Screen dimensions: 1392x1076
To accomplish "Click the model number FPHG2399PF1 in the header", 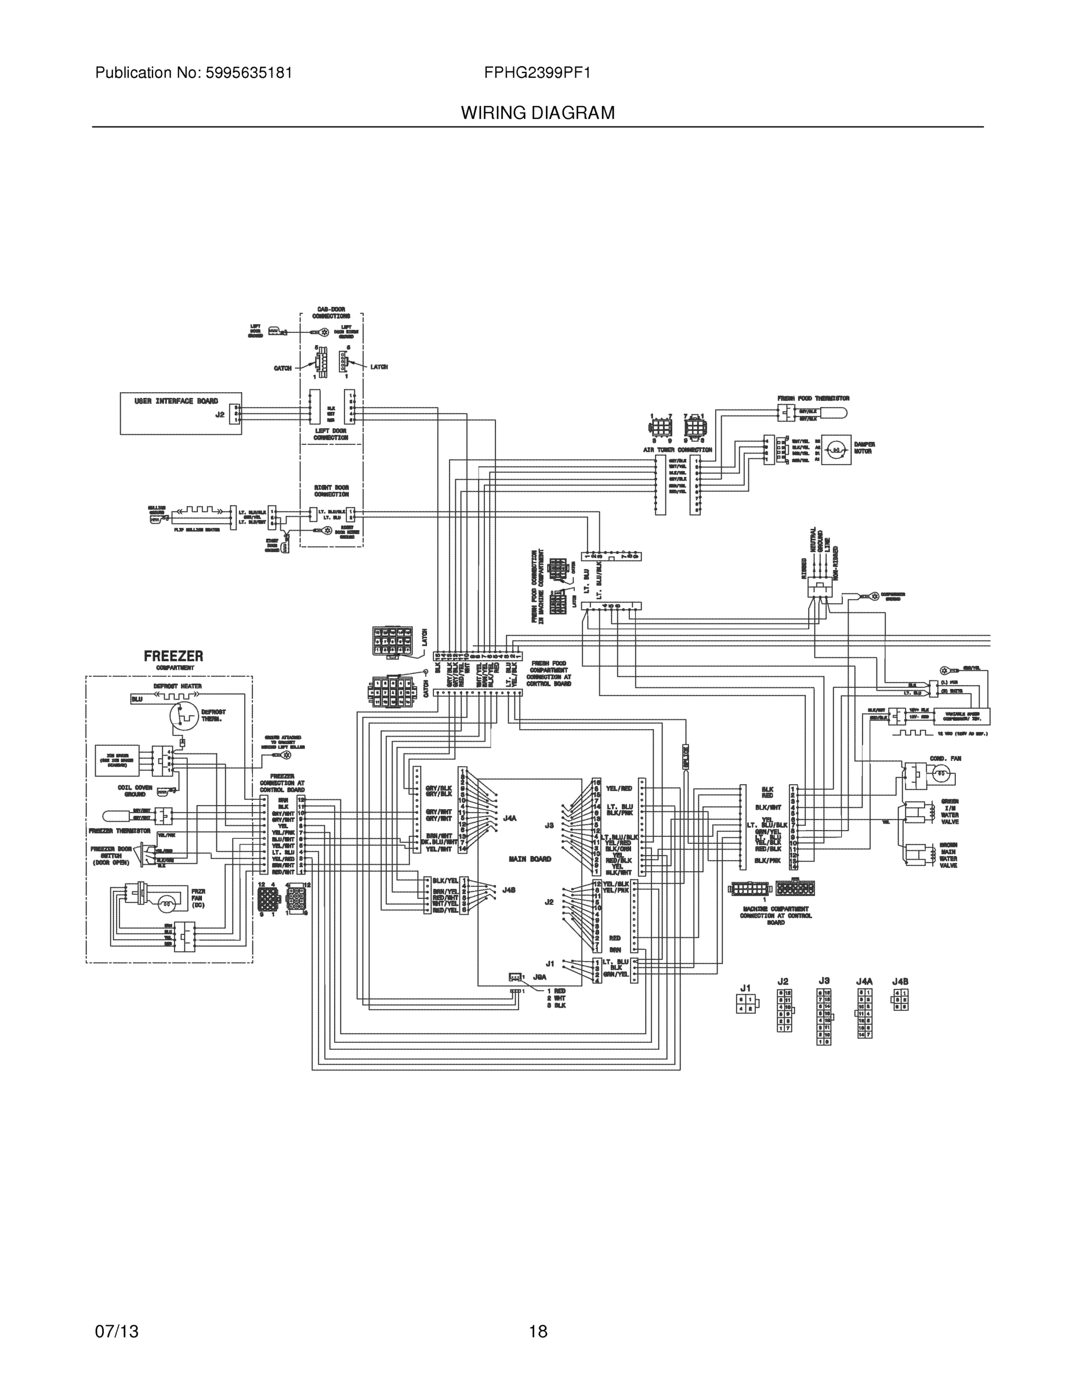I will click(x=537, y=72).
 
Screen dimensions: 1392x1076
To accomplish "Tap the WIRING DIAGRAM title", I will click(x=537, y=113).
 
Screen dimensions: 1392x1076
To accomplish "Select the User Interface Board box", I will click(x=181, y=414).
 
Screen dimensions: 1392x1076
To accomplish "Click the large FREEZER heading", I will click(x=173, y=656).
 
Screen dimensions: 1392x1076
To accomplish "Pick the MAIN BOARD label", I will click(x=530, y=859).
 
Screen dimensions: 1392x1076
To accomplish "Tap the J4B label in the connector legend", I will click(x=900, y=981).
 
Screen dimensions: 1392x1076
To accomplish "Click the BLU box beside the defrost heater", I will click(x=137, y=699).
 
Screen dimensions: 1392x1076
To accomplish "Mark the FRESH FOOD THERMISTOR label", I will click(x=813, y=398).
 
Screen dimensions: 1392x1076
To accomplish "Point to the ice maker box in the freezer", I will click(x=117, y=760).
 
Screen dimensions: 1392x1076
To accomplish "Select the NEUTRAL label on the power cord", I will click(x=813, y=539).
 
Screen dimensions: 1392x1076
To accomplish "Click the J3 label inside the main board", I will click(x=549, y=825).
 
